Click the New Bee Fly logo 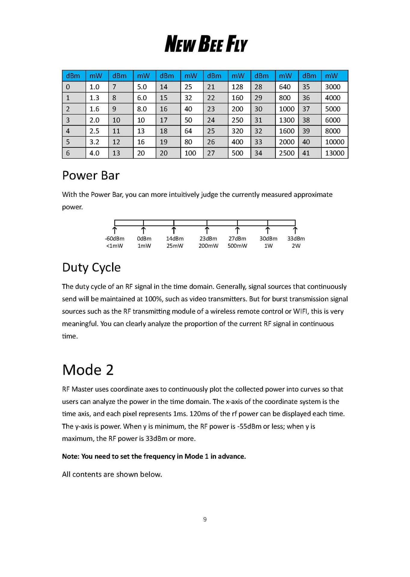point(206,44)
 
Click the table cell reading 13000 point(335,153)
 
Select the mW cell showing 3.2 point(94,142)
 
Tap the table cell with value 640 point(285,87)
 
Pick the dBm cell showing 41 point(306,153)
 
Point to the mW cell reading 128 point(237,87)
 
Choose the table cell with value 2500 point(286,153)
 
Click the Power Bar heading point(91,176)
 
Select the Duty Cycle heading point(91,267)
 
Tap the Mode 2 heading point(88,370)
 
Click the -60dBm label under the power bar point(115,239)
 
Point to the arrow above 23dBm point(207,230)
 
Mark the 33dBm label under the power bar point(296,239)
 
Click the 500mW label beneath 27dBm point(237,246)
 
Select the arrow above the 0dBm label point(144,230)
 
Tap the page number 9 point(205,519)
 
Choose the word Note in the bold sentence point(71,456)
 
